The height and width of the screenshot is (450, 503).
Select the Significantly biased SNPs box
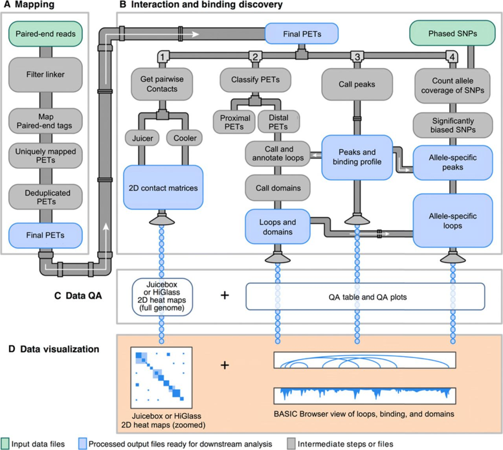tap(449, 122)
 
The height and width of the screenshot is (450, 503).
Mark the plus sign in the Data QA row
tap(225, 295)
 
